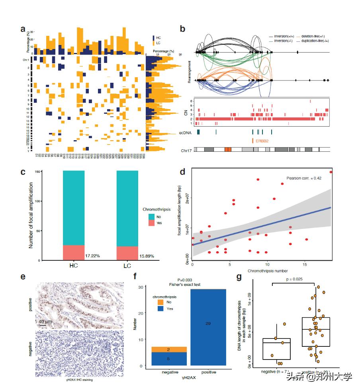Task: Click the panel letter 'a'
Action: (23, 29)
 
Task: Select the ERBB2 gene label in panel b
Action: (262, 141)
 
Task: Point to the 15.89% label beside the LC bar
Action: (145, 256)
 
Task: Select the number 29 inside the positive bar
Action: (208, 323)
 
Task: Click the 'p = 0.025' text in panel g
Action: (294, 279)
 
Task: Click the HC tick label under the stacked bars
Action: (74, 265)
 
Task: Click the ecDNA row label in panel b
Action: (186, 131)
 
